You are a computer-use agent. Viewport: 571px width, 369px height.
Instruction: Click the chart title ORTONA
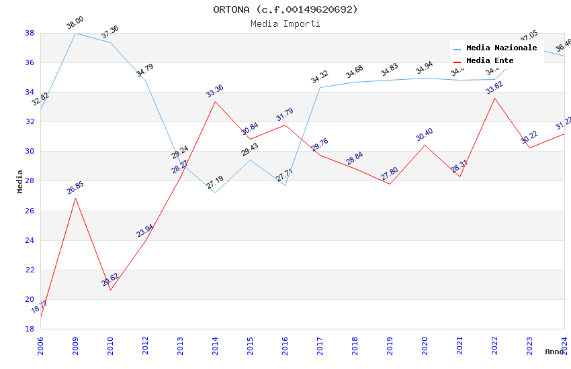(285, 9)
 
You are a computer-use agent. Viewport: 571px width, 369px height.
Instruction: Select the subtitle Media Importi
(285, 23)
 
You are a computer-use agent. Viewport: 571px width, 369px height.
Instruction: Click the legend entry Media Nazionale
(501, 48)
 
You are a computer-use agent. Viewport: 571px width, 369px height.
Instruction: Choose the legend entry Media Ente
(490, 60)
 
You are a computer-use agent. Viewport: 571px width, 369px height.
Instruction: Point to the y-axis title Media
(20, 181)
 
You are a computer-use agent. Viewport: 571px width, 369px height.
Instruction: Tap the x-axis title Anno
(554, 352)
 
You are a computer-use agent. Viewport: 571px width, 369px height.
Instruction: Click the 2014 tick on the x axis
(215, 342)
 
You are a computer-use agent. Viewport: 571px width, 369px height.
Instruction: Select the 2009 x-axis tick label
(75, 342)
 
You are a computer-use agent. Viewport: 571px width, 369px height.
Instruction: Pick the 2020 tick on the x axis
(425, 342)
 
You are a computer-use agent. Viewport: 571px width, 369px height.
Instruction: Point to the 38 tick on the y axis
(30, 33)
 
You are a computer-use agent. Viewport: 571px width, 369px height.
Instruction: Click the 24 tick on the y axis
(30, 240)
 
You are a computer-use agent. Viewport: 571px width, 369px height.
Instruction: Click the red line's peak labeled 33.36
(215, 101)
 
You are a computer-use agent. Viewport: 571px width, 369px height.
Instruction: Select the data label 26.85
(75, 188)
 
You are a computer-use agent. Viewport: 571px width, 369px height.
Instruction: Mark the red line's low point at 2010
(110, 290)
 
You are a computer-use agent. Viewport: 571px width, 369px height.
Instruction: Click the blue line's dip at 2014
(215, 193)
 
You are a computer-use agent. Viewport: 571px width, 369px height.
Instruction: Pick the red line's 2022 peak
(494, 98)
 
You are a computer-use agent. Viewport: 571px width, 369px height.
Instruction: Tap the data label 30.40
(424, 135)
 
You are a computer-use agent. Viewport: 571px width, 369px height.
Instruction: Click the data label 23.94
(145, 231)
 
